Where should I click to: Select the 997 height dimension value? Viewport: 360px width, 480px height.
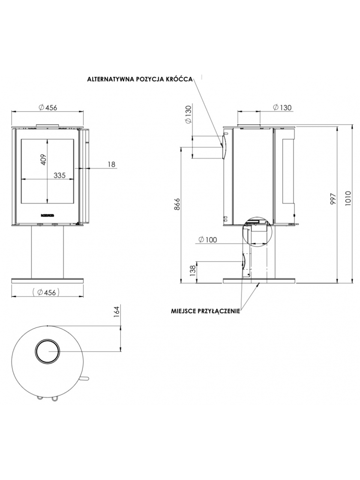tap(334, 199)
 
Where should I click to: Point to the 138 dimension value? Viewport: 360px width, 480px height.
tap(192, 271)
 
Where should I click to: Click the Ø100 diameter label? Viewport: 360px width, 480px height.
tap(208, 240)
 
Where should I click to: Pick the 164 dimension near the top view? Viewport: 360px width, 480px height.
tap(116, 312)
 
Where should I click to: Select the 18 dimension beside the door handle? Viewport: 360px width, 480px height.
tap(111, 165)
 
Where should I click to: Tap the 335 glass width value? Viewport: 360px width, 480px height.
tap(60, 175)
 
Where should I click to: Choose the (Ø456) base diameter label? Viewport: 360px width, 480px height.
tap(45, 293)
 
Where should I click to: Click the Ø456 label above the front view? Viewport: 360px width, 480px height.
tap(48, 108)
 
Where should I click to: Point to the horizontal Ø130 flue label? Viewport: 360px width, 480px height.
tap(282, 108)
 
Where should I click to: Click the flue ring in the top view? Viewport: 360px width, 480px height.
tap(48, 351)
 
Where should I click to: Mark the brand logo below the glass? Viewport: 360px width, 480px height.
tap(48, 215)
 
